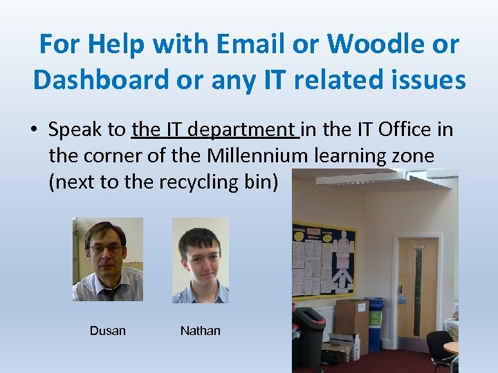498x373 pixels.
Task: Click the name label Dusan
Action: (x=108, y=331)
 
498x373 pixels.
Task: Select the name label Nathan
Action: (x=200, y=331)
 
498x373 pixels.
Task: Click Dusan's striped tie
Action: (x=109, y=294)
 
